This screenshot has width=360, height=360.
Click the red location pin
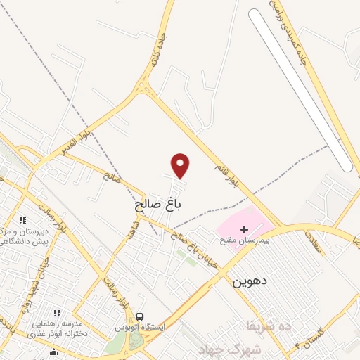point(181,165)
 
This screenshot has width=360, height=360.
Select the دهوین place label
point(250,282)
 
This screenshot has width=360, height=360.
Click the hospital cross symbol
point(245,229)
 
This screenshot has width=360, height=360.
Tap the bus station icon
point(139,317)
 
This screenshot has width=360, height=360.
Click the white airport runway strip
point(301,90)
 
